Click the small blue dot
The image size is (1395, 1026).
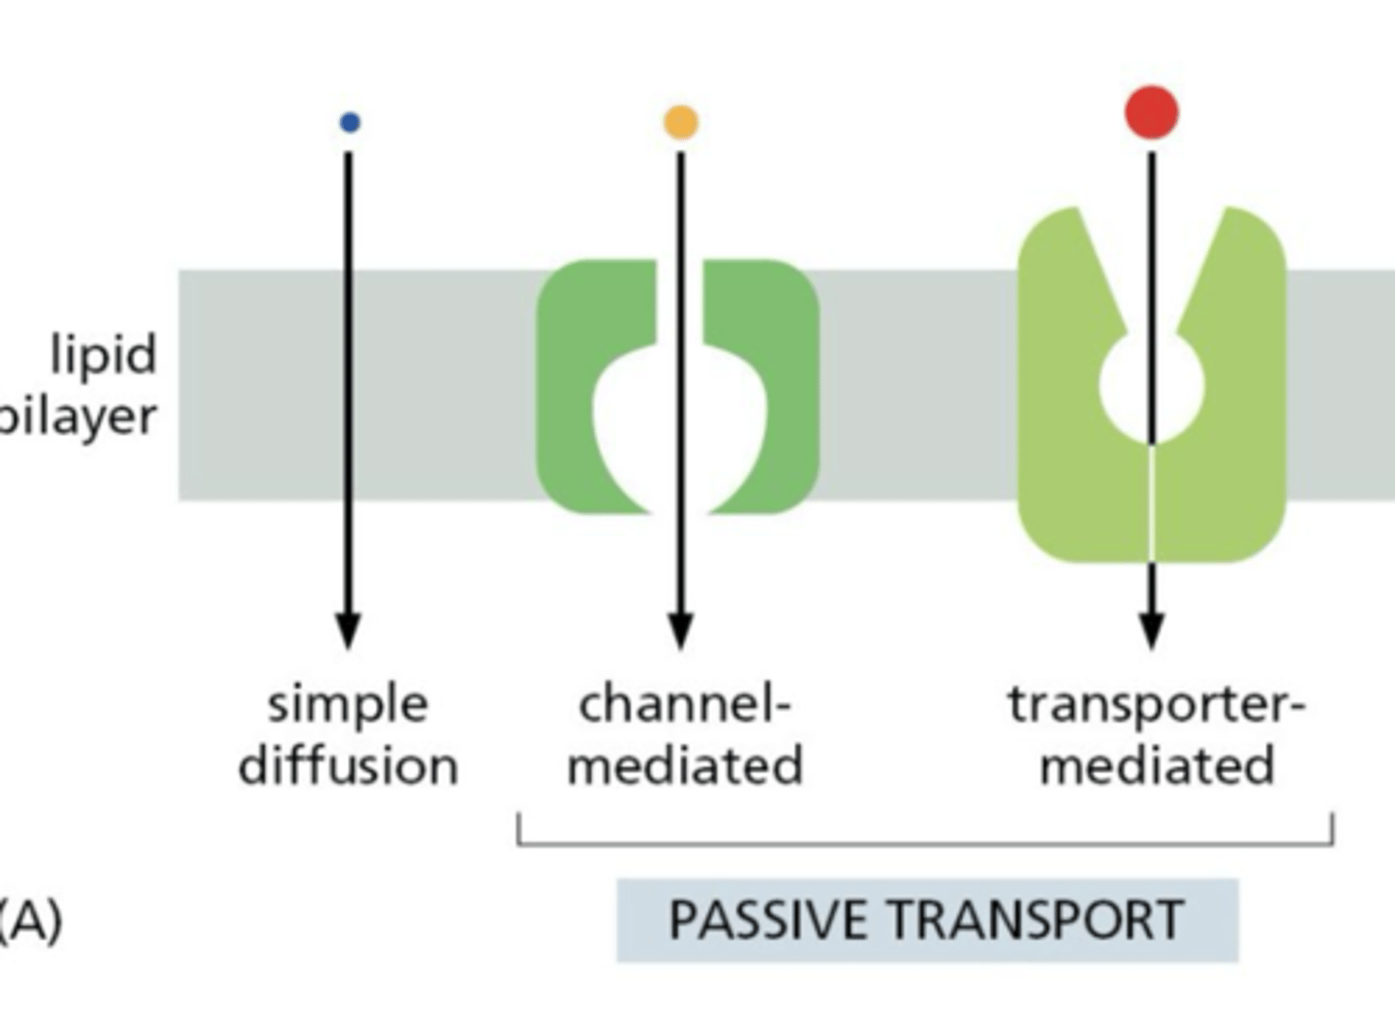(350, 122)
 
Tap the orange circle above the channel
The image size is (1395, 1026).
(681, 122)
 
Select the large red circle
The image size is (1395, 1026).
(1152, 112)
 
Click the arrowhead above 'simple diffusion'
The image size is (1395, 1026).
(349, 631)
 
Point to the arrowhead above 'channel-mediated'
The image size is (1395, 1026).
(681, 631)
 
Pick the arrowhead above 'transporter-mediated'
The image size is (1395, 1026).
(1151, 631)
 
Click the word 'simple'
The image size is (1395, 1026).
(348, 704)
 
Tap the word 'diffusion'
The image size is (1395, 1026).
(349, 765)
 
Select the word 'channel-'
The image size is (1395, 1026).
(685, 704)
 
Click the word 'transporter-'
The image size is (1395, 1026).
(1157, 704)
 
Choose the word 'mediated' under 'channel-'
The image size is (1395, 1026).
(685, 765)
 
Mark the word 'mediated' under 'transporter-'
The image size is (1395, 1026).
(1157, 765)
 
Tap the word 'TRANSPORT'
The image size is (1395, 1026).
(1036, 919)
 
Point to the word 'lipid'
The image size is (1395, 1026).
(104, 355)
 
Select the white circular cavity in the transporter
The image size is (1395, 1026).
(1129, 386)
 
